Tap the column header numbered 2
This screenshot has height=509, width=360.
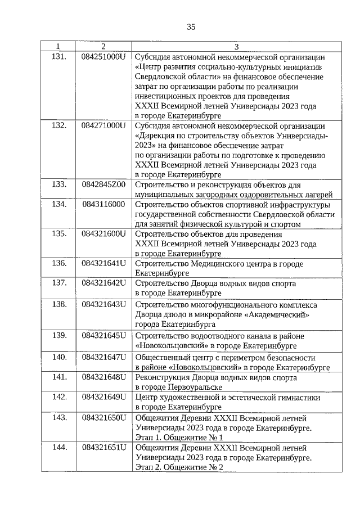pyautogui.click(x=103, y=46)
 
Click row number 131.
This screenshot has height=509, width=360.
pyautogui.click(x=59, y=57)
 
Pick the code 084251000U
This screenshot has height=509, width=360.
pyautogui.click(x=103, y=57)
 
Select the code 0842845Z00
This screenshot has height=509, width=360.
pyautogui.click(x=103, y=184)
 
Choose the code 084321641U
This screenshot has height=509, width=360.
pyautogui.click(x=103, y=264)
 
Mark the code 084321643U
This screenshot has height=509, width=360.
pyautogui.click(x=103, y=304)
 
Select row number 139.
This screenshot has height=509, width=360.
pyautogui.click(x=59, y=335)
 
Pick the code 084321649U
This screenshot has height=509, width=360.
pyautogui.click(x=103, y=397)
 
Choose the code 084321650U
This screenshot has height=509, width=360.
pyautogui.click(x=103, y=417)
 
